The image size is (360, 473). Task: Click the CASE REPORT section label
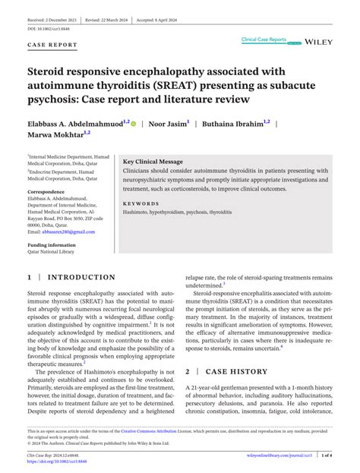52,46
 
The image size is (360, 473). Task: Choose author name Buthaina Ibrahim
235,122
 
